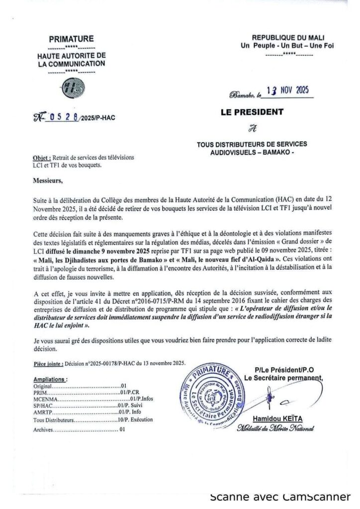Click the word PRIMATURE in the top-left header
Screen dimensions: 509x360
pyautogui.click(x=71, y=39)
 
